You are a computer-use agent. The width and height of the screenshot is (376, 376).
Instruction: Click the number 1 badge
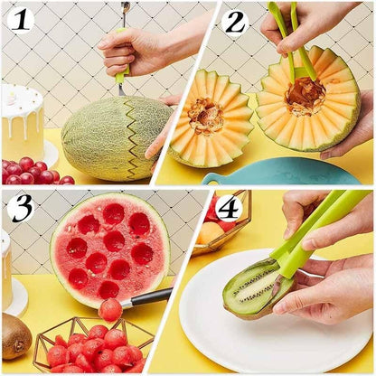[x=20, y=19]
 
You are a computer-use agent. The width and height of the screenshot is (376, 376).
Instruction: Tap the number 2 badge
[x=235, y=21]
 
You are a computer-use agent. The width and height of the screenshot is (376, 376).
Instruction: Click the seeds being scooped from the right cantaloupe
[x=305, y=95]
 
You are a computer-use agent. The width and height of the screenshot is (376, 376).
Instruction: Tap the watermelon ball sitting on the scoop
[x=110, y=309]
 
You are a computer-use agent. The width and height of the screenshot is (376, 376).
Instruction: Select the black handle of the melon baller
[x=149, y=296]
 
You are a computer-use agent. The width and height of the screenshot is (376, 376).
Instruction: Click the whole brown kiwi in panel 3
[x=15, y=335]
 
